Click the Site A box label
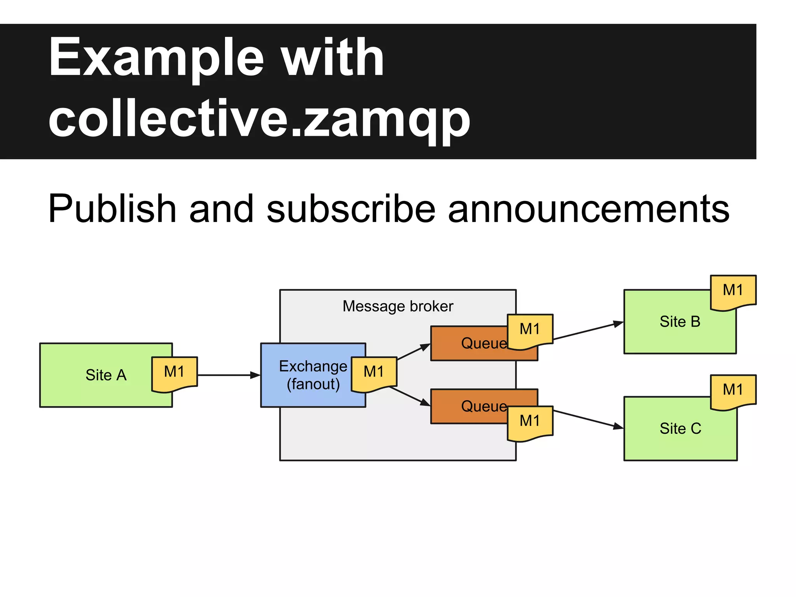106,375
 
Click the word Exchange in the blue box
313,366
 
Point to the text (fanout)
313,384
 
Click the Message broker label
398,306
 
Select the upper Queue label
484,343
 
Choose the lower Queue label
484,406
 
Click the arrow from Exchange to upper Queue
414,352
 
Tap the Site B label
680,322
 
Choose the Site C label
680,428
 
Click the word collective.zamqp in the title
259,119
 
